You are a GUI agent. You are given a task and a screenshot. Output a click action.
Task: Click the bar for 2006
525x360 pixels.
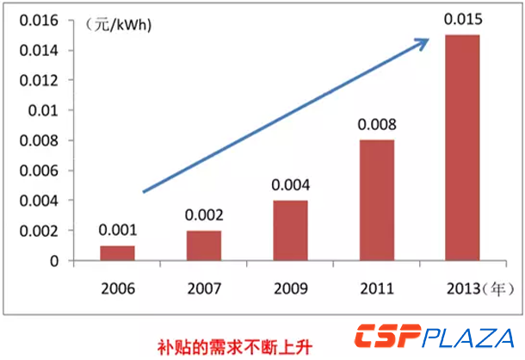pyautogui.click(x=117, y=253)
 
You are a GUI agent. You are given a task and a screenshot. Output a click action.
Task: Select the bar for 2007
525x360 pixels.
pyautogui.click(x=204, y=245)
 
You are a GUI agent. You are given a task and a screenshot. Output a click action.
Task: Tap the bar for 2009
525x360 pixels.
pyautogui.click(x=290, y=230)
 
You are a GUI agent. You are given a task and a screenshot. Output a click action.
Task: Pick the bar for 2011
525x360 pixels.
pyautogui.click(x=376, y=200)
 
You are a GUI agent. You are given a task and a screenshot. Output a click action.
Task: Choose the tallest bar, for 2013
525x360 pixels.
pyautogui.click(x=462, y=147)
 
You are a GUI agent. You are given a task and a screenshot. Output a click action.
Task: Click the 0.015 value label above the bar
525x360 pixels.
pyautogui.click(x=462, y=19)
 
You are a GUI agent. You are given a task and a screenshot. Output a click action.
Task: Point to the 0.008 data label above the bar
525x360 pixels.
pyautogui.click(x=376, y=124)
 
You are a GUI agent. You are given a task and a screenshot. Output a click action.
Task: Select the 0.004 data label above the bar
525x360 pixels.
pyautogui.click(x=290, y=185)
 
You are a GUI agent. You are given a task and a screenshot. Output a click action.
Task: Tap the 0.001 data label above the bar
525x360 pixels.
pyautogui.click(x=117, y=231)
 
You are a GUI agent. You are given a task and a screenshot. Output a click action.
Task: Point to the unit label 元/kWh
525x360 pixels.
pyautogui.click(x=120, y=25)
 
